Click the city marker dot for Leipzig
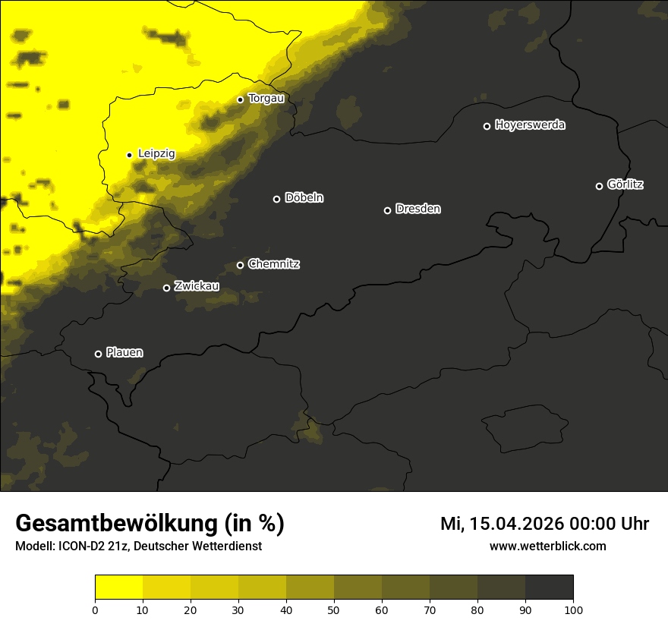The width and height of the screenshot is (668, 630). pyautogui.click(x=129, y=155)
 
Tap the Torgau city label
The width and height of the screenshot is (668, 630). pyautogui.click(x=266, y=99)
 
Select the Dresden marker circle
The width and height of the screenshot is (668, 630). pyautogui.click(x=387, y=210)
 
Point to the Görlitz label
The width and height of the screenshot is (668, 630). pyautogui.click(x=625, y=184)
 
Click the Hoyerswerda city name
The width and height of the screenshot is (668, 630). pyautogui.click(x=530, y=125)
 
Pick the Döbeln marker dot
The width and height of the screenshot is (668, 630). pyautogui.click(x=276, y=199)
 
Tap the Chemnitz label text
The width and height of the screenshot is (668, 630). pyautogui.click(x=274, y=264)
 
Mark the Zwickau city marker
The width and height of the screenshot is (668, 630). pyautogui.click(x=167, y=288)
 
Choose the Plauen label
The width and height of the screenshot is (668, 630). pyautogui.click(x=124, y=352)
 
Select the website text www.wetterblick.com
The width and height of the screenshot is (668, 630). pyautogui.click(x=548, y=547)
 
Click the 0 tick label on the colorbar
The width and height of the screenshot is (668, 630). pyautogui.click(x=95, y=610)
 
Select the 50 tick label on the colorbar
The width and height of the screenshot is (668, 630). pyautogui.click(x=334, y=610)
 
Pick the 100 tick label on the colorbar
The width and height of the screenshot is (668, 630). pyautogui.click(x=573, y=610)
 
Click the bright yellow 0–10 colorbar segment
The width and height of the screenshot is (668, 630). pyautogui.click(x=118, y=587)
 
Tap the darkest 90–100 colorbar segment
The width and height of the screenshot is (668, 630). pyautogui.click(x=549, y=587)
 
